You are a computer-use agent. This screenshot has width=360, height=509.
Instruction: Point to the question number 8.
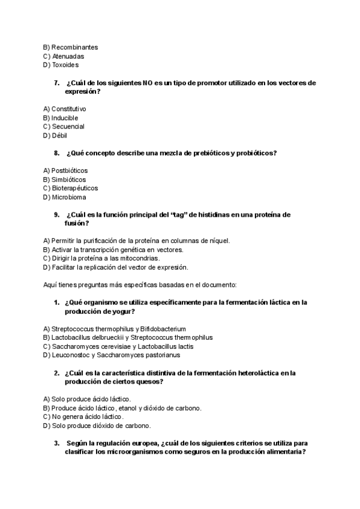[56, 153]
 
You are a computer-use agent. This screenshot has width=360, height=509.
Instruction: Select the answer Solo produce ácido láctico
[88, 399]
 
